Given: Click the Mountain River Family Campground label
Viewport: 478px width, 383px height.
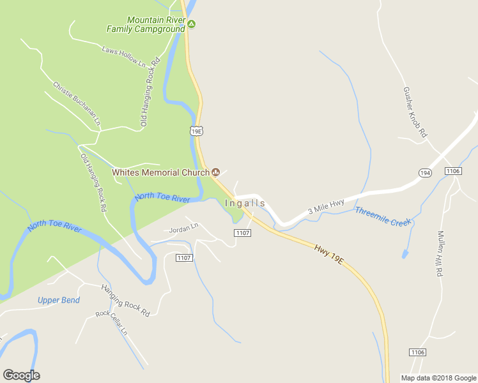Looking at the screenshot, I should click(146, 24).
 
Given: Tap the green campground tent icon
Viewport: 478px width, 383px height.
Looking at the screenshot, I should click(191, 25).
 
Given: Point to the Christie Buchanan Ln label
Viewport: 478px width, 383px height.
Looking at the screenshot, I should click(77, 103).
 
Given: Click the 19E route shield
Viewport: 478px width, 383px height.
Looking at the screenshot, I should click(196, 131).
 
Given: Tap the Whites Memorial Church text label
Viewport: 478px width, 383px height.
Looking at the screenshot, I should click(160, 172).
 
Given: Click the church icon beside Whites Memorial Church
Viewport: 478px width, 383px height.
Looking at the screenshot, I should click(216, 172).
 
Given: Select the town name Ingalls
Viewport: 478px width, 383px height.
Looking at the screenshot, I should click(245, 203).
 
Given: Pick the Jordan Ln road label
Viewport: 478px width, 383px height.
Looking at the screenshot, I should click(185, 227).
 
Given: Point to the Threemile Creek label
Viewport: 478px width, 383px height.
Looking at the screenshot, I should click(383, 216).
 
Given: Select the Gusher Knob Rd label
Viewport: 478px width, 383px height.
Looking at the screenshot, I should click(415, 114).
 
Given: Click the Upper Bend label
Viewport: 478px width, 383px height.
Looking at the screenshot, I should click(58, 300).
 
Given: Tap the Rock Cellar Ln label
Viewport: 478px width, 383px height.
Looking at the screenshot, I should click(112, 324).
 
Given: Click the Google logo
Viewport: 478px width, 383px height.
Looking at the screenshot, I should click(21, 375).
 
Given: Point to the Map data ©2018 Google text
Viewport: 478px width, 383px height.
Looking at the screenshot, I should click(438, 378).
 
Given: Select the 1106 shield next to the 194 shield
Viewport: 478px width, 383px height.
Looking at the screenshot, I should click(453, 171).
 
